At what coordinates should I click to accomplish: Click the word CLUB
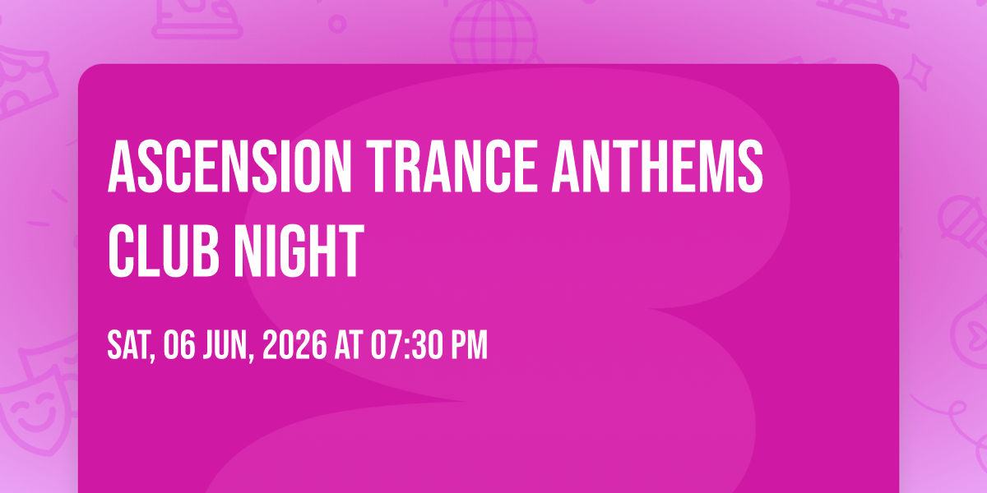[x=164, y=251]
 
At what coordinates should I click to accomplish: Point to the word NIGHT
[x=299, y=251]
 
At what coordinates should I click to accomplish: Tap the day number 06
[x=179, y=345]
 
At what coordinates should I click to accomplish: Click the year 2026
[x=294, y=345]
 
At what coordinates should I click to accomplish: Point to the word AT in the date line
[x=349, y=345]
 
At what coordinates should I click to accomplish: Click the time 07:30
[x=407, y=345]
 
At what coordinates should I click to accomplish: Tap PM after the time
[x=470, y=345]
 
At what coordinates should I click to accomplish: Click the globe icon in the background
[x=494, y=32]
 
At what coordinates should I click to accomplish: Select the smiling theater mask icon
[x=35, y=405]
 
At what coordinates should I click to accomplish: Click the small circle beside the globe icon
[x=337, y=24]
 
